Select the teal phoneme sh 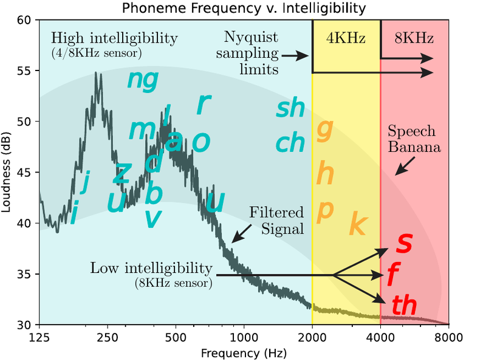[290, 108]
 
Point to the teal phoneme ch [290, 143]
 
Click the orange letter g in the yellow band [326, 129]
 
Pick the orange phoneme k [358, 225]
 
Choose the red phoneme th [405, 305]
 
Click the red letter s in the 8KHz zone [404, 242]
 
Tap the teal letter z [122, 173]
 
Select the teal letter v [153, 218]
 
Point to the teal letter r [203, 105]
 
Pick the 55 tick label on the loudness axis [25, 71]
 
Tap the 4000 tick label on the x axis [380, 336]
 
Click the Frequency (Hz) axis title [244, 351]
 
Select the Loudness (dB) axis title [8, 172]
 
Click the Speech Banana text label [412, 139]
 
